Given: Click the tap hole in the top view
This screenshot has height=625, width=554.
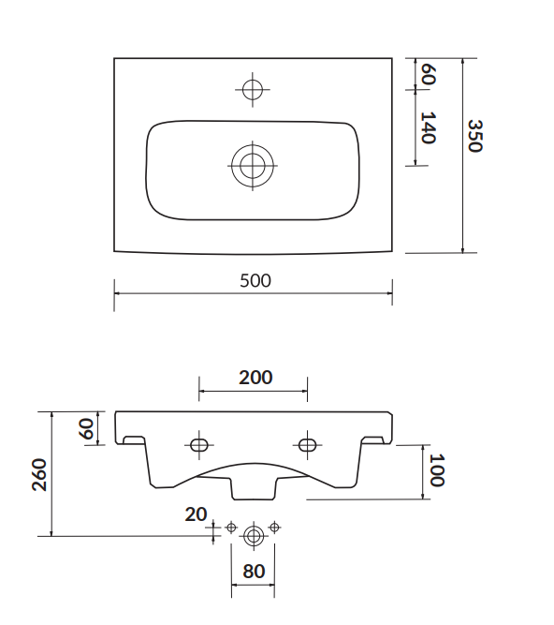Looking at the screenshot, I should [x=253, y=90].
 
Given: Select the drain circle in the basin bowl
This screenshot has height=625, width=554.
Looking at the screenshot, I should [x=253, y=166].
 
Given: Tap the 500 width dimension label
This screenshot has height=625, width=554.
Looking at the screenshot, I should [x=254, y=280].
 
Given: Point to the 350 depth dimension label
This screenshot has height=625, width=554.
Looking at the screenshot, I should [x=474, y=137].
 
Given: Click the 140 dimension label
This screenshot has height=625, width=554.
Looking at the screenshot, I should [x=428, y=128].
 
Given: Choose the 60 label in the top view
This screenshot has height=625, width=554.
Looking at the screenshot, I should [x=428, y=74].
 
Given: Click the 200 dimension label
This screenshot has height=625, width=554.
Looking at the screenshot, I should [x=255, y=378].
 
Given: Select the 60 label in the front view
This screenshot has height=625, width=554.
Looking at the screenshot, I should [x=85, y=429].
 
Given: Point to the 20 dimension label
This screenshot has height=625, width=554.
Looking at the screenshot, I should [x=196, y=514].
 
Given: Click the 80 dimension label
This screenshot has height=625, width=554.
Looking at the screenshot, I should [x=254, y=571].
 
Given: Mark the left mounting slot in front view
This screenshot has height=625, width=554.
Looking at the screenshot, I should [x=199, y=444].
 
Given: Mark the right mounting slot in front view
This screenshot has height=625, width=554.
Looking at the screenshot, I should [x=307, y=444].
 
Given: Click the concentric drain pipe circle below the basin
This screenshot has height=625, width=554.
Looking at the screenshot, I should [x=253, y=536].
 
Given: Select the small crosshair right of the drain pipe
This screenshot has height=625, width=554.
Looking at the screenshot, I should [x=274, y=528].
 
